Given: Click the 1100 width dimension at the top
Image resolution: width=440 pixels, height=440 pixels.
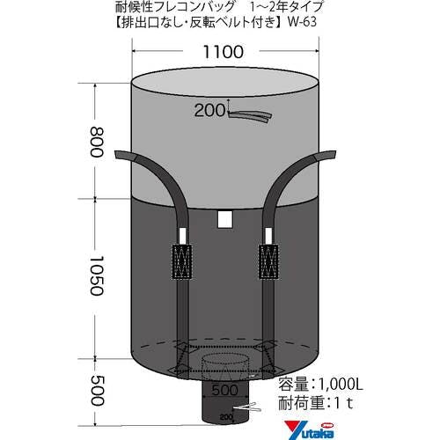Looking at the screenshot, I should coord(221,52).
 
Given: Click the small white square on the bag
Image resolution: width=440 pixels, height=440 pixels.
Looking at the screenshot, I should coord(224,219).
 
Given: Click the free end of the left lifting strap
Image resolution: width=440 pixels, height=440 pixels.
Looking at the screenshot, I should coord(123,158).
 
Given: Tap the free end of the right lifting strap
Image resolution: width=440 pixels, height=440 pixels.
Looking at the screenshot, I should coord(326,157).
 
